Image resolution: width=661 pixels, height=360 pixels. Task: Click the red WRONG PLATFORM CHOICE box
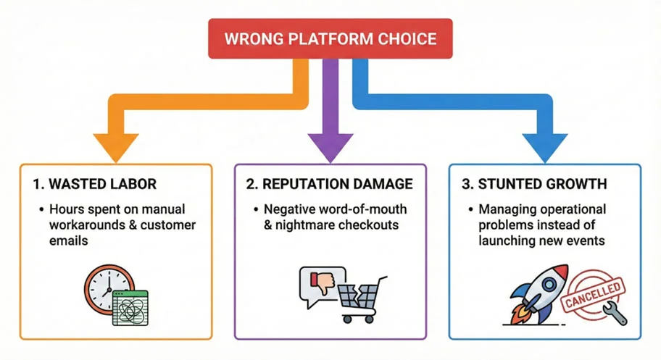pos(330,38)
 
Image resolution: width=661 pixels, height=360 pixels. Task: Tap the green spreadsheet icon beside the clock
pos(130,307)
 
